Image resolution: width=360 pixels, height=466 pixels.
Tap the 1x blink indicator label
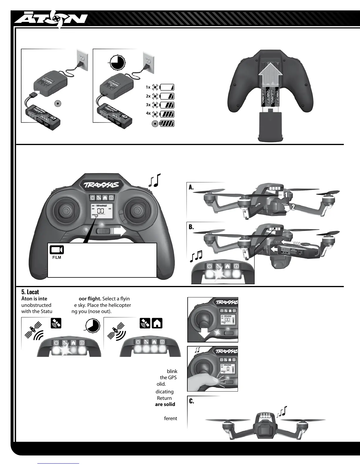click(148, 87)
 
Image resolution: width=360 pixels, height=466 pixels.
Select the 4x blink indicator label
click(148, 113)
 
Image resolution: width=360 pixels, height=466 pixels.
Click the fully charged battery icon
click(167, 124)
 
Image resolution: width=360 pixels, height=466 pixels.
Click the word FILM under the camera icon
click(56, 257)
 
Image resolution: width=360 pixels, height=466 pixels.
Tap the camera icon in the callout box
click(56, 250)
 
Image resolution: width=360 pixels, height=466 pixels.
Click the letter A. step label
click(191, 187)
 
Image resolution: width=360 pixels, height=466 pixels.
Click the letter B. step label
click(191, 227)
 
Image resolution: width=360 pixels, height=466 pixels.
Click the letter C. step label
click(191, 401)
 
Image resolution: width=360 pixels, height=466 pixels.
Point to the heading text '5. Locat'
click(30, 292)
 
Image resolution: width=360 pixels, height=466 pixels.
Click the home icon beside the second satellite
click(157, 323)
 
